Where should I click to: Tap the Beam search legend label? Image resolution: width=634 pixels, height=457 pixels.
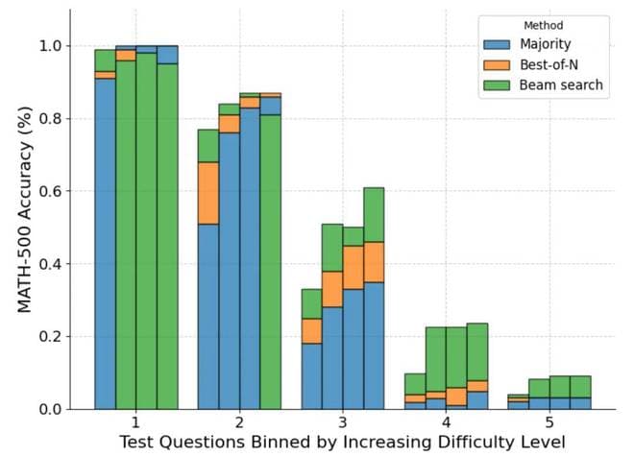point(562,85)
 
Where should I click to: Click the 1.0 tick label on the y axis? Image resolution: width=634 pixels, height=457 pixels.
point(49,46)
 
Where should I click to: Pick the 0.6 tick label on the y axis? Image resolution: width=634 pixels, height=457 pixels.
point(49,191)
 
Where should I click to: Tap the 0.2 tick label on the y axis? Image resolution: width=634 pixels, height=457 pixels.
point(49,337)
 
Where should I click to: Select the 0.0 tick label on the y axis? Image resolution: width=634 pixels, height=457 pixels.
point(49,409)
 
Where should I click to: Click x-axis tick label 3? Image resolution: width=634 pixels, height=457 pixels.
point(342,422)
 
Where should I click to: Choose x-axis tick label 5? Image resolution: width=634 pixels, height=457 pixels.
point(549,422)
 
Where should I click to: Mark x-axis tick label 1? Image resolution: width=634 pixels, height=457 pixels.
point(135,422)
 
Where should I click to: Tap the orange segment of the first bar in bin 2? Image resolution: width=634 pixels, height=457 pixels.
point(208,193)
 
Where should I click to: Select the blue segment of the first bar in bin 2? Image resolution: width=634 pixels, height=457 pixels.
point(208,317)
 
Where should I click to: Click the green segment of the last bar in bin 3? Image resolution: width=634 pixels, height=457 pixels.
point(374,214)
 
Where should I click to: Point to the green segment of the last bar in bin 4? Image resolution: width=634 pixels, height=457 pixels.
point(477,352)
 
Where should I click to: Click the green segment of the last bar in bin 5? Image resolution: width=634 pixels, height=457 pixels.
point(580,386)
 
